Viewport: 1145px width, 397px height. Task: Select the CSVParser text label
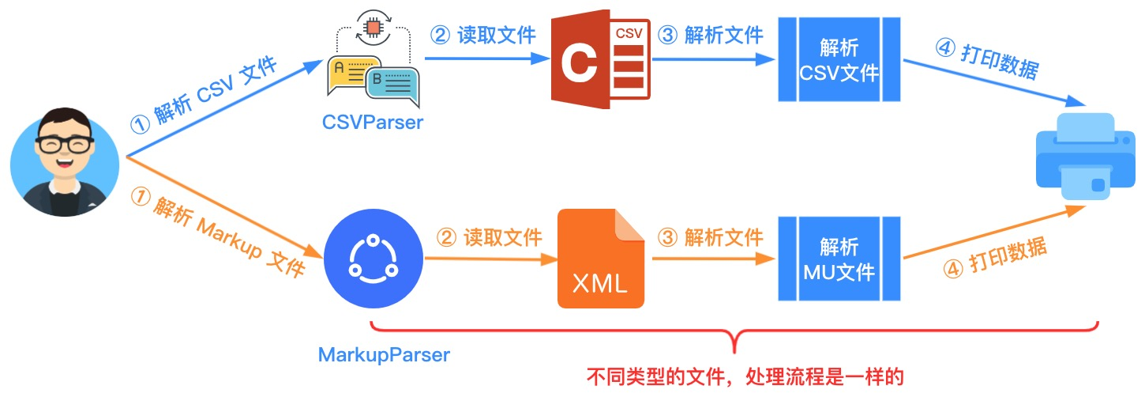tap(373, 123)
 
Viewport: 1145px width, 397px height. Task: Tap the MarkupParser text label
tap(384, 354)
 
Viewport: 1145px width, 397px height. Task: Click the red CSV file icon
tap(601, 59)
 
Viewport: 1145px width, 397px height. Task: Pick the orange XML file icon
tap(601, 259)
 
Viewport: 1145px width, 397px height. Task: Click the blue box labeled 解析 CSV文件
tap(839, 59)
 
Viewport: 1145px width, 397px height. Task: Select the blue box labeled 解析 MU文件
tap(839, 259)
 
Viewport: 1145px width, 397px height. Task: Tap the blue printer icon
tap(1086, 156)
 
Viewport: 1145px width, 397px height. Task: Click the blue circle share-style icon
tap(374, 259)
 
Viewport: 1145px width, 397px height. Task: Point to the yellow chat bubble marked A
tap(353, 74)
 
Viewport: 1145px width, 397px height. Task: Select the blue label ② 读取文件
tap(483, 35)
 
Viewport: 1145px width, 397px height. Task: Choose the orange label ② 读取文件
tap(489, 238)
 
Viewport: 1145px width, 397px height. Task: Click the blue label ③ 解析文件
tap(710, 35)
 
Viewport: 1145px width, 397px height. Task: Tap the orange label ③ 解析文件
tap(710, 238)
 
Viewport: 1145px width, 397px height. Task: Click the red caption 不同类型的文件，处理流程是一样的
tap(745, 377)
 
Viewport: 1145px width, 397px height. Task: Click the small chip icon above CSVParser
tap(374, 27)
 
